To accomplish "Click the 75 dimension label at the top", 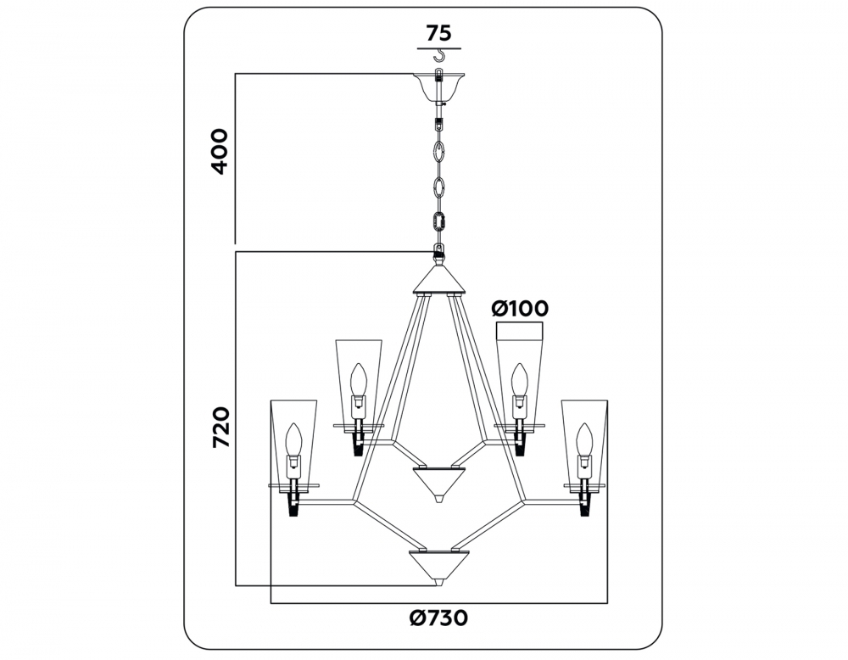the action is point(438,34).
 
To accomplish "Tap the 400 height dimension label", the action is point(220,152).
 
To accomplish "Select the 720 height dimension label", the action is point(220,428).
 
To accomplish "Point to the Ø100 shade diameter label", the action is point(520,309).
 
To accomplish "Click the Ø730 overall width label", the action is point(438,618).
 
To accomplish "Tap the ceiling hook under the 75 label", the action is point(440,55).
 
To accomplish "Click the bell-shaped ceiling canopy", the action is point(438,87).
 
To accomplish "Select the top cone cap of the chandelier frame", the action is point(438,278).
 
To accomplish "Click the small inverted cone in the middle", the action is point(438,483).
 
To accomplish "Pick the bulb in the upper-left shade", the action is point(358,381).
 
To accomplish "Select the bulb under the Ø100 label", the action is point(519,381).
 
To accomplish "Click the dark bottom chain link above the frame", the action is point(438,221).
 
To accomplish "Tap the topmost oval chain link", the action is point(438,151).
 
